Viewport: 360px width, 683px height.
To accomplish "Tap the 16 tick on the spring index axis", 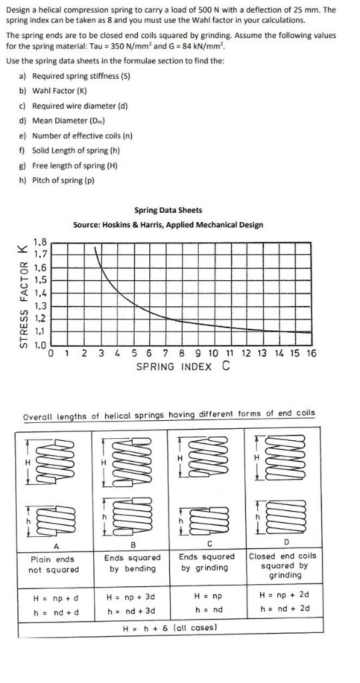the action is pos(312,354).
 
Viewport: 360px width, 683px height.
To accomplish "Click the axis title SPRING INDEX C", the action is pos(183,366).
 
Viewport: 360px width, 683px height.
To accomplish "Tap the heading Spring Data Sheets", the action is pos(168,210).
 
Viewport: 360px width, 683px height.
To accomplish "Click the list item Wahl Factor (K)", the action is pos(60,91).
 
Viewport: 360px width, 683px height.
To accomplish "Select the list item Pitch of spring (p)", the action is pos(63,180).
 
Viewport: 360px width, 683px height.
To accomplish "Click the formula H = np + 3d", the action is pos(131,595).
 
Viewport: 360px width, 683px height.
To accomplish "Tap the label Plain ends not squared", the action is pos(53,564).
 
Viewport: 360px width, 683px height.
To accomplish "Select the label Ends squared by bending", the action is pos(132,562).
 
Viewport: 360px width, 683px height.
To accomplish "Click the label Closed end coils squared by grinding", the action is pos(283,565).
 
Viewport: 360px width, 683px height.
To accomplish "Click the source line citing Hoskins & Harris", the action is pos(168,225).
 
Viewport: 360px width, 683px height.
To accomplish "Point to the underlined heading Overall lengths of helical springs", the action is pos(169,415).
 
